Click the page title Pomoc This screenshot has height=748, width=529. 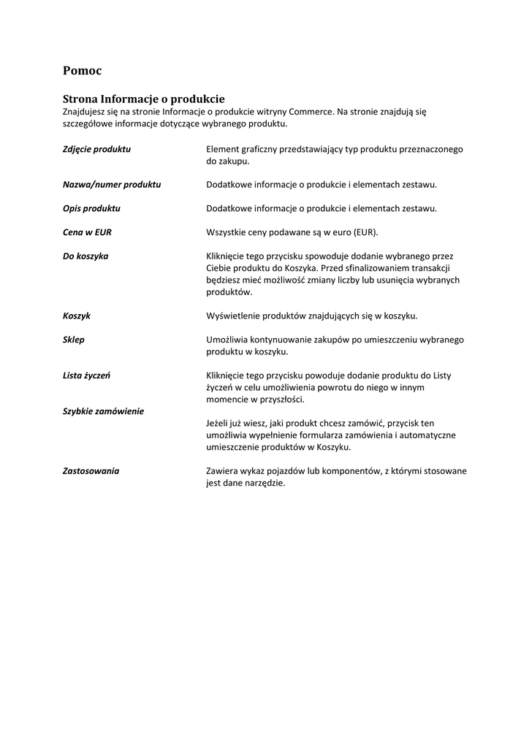[82, 71]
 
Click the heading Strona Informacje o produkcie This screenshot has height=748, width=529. [143, 99]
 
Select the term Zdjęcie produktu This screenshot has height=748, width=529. [96, 149]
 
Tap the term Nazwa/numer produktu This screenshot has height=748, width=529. [112, 185]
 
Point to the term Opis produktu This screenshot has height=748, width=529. [91, 208]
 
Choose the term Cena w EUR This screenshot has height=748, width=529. [87, 232]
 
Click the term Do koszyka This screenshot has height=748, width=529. [85, 256]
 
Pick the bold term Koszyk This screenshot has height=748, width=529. [77, 316]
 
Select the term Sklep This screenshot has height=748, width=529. [74, 340]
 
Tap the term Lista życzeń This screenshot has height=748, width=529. [87, 375]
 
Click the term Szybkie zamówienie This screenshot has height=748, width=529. [103, 411]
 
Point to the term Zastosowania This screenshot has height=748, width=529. [91, 471]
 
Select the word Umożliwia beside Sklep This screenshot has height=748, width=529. [227, 340]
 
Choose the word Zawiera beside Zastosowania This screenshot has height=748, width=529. [222, 471]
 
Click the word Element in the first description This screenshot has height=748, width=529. [223, 149]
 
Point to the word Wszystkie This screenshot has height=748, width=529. [228, 232]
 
